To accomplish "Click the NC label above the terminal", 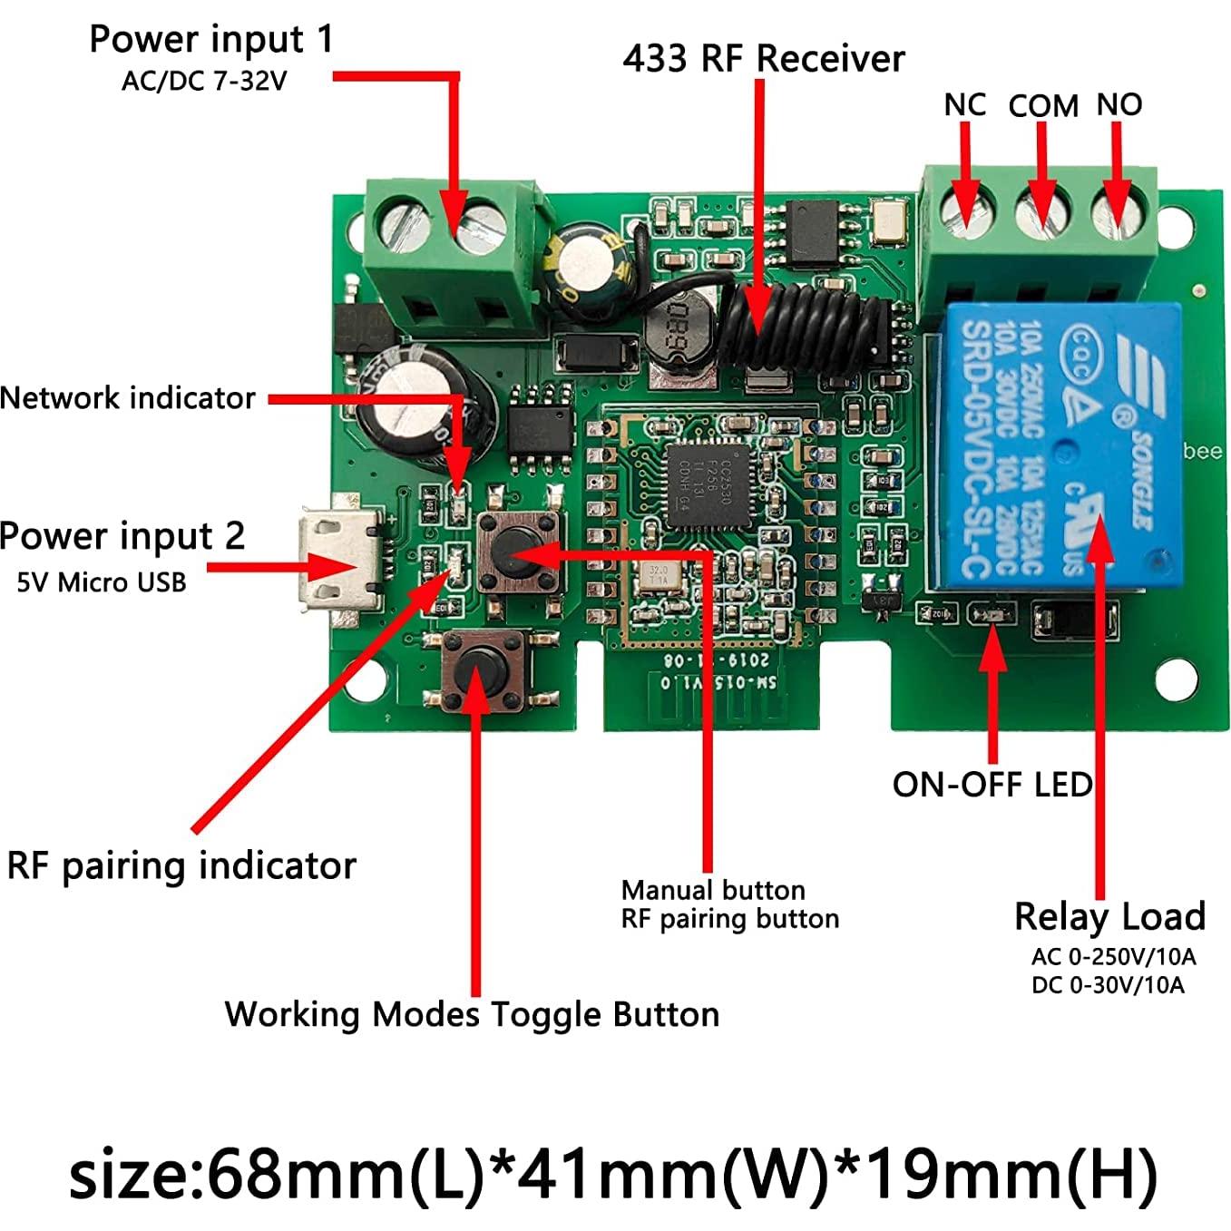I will click(x=964, y=105).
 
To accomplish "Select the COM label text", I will click(x=1043, y=106).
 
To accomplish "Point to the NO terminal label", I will click(x=1119, y=105).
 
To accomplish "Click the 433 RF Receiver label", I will click(x=763, y=59).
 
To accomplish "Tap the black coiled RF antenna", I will click(x=798, y=322).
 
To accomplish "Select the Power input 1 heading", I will click(x=211, y=40).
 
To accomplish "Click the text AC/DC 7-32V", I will click(x=204, y=82).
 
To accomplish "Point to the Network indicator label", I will click(x=127, y=398).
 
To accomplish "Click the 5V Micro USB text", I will click(x=102, y=582).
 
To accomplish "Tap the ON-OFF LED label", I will click(x=992, y=785).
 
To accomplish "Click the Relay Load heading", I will click(x=1109, y=917).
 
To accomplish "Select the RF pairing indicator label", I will click(x=181, y=866).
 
